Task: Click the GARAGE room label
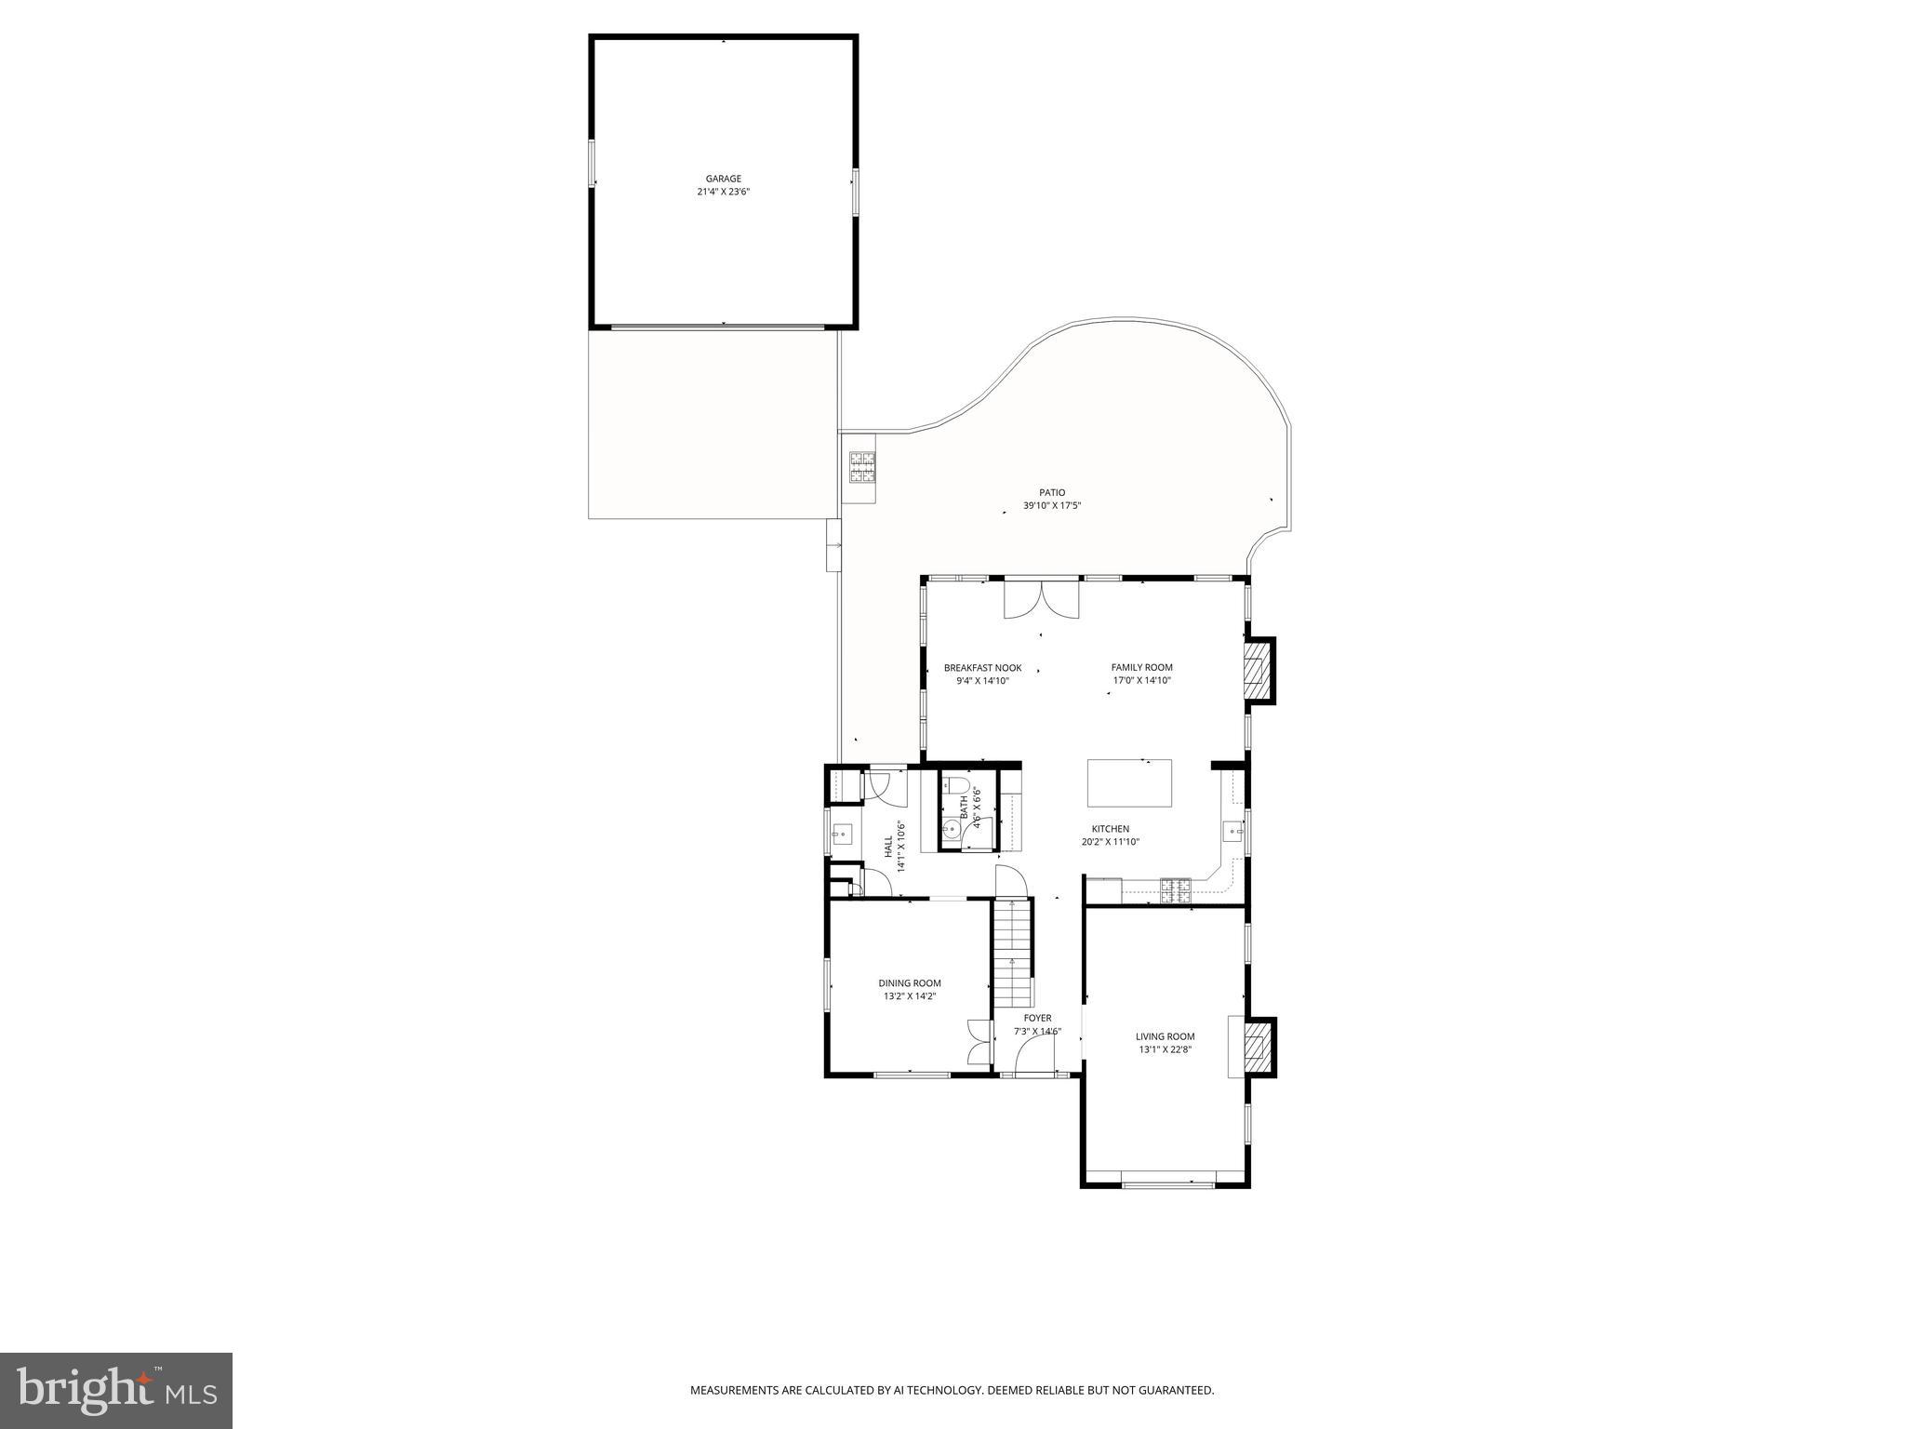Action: coord(723,179)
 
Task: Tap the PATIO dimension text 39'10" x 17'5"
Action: coord(1052,506)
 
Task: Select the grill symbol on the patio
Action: coord(861,467)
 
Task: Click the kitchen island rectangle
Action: coord(1129,783)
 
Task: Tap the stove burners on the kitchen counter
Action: coord(1175,889)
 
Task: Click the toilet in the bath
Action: coord(955,786)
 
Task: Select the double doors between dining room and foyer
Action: coord(979,1041)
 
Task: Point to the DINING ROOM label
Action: coord(909,983)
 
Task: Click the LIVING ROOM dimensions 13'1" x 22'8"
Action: coord(1166,1049)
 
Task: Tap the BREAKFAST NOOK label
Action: coord(982,668)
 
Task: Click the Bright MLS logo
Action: coord(116,1390)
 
